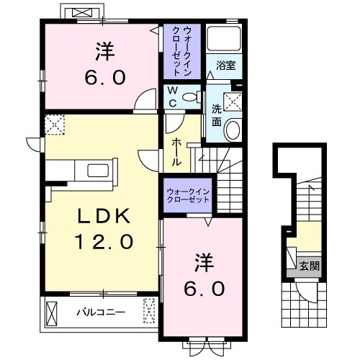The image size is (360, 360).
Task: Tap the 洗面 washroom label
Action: [216, 115]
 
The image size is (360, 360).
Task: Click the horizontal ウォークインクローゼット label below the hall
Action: [187, 196]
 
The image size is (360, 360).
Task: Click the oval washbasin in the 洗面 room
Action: [233, 130]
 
